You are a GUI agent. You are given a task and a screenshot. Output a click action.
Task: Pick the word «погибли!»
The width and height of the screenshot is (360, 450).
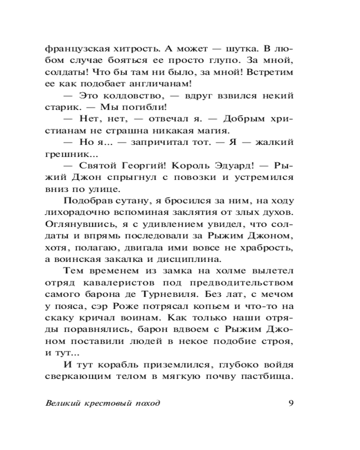(141, 107)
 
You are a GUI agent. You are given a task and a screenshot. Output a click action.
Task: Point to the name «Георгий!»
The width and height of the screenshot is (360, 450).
(150, 166)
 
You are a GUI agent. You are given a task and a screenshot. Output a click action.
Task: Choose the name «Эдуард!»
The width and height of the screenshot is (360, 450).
(228, 166)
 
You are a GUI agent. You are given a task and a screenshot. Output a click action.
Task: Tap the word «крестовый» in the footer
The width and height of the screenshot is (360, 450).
(106, 402)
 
